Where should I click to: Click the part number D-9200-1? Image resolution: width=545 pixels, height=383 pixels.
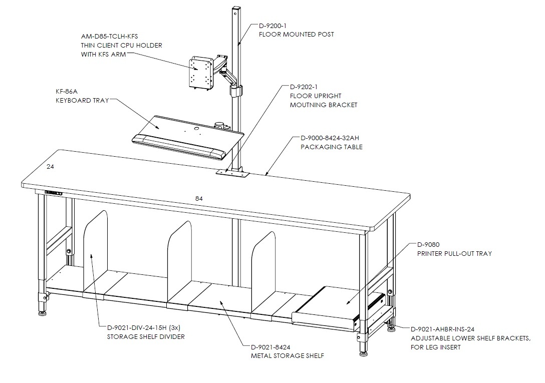point(272,26)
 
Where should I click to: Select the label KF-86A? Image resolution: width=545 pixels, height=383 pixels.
point(67,92)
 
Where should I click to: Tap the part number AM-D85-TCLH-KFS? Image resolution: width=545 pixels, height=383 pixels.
point(110,36)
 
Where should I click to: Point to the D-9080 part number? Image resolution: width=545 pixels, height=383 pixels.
point(428,245)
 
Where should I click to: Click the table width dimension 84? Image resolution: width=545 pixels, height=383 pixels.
point(199,199)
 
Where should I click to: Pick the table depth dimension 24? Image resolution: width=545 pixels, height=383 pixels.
point(51,167)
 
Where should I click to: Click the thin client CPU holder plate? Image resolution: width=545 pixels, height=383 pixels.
point(200,74)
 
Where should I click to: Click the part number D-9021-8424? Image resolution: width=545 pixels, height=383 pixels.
point(270,347)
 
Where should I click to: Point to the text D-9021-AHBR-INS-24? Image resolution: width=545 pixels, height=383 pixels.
point(442,329)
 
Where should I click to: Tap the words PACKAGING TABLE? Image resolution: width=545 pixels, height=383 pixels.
point(332,147)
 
